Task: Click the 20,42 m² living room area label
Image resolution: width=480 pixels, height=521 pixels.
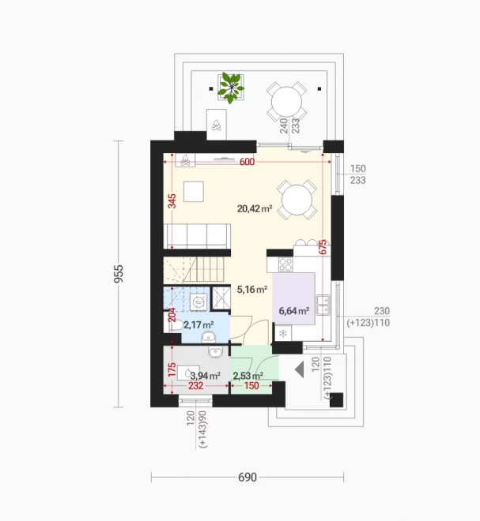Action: click(x=255, y=208)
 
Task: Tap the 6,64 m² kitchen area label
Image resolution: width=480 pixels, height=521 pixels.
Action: click(x=294, y=311)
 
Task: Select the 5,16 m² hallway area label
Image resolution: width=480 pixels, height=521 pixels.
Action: click(x=252, y=290)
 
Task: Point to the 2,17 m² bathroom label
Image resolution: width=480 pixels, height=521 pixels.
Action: click(x=198, y=324)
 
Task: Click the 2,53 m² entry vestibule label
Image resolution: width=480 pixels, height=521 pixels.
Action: click(x=248, y=376)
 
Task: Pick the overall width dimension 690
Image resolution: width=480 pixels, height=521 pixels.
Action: click(x=248, y=477)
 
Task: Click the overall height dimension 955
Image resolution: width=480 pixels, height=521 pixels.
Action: click(x=119, y=273)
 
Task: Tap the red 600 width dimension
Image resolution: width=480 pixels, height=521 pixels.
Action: click(x=247, y=162)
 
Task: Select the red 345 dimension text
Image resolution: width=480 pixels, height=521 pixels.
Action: click(x=172, y=201)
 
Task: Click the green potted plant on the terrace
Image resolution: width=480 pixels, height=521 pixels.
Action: click(x=230, y=88)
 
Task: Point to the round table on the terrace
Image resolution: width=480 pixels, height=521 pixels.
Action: click(x=286, y=102)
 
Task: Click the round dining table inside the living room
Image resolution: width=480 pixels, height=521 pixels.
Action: click(x=297, y=200)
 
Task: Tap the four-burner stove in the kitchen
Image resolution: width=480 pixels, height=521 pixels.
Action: click(x=285, y=264)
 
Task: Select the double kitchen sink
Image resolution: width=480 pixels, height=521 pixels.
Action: click(x=323, y=305)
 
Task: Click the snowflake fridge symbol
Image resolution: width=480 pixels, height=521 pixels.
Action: click(x=283, y=333)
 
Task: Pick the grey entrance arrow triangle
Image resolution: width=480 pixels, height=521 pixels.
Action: click(x=300, y=369)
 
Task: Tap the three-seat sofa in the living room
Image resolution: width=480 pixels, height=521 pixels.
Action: click(x=197, y=236)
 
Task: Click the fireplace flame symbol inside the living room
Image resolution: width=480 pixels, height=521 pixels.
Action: click(x=186, y=161)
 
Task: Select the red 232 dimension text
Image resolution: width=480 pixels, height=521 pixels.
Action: click(x=196, y=386)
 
